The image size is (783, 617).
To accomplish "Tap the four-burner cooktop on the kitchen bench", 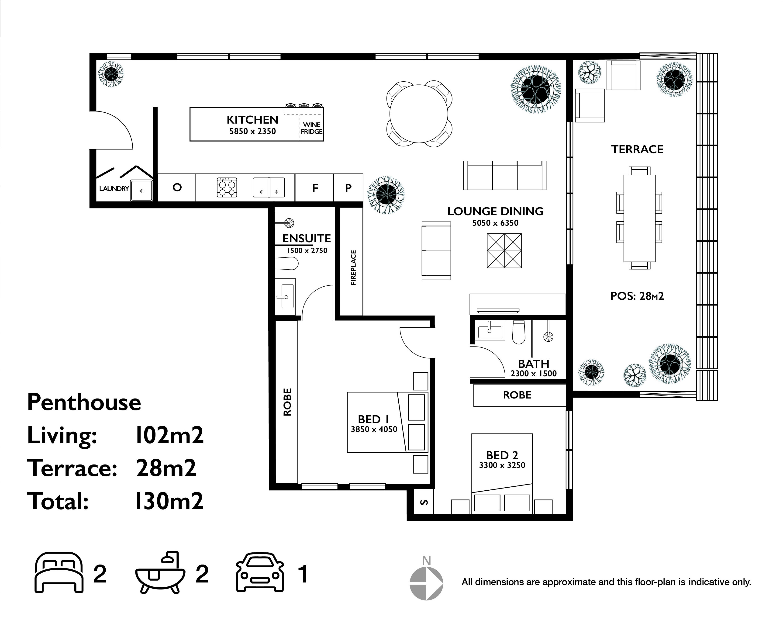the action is [227, 187].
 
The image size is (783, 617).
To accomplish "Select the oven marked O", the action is [177, 187].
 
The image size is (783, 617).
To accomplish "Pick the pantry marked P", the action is [348, 188].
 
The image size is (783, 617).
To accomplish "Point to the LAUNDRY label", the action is [114, 189].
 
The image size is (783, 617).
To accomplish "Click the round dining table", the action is [419, 113].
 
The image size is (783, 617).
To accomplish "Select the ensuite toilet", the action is [287, 263].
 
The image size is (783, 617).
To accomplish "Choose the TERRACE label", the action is [637, 149].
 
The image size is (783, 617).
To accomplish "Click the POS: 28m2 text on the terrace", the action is [637, 296].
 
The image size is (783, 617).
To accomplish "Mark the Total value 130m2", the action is [169, 501].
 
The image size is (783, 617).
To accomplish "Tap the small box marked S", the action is [425, 502].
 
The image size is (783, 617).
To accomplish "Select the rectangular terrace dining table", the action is [639, 218].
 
